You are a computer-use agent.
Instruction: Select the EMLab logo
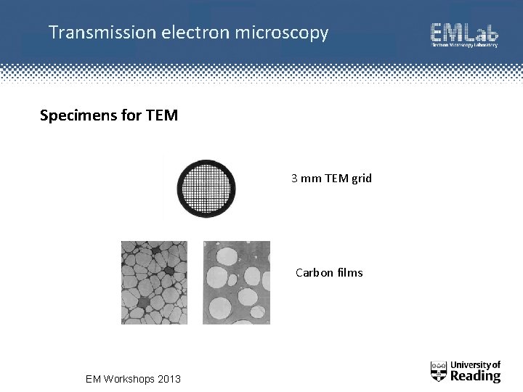(x=464, y=35)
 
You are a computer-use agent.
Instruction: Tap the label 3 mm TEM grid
(x=331, y=178)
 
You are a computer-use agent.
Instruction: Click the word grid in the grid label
(x=361, y=179)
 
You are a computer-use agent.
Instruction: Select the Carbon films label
(x=329, y=273)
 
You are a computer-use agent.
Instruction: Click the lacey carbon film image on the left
(x=154, y=282)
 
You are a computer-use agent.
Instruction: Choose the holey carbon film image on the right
(x=237, y=282)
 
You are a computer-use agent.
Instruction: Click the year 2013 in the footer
(x=169, y=379)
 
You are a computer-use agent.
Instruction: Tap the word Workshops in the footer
(x=129, y=379)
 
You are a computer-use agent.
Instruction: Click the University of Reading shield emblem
(x=439, y=371)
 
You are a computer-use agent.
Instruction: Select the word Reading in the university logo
(x=476, y=376)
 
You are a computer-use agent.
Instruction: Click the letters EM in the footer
(x=93, y=379)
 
